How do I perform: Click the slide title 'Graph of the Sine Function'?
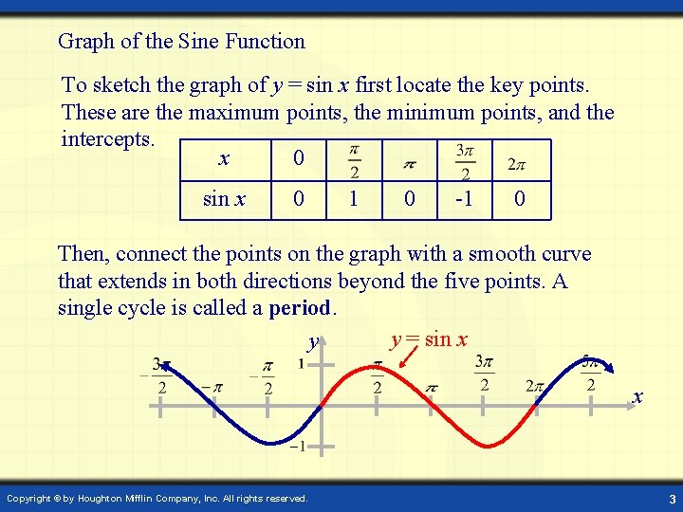click(x=181, y=42)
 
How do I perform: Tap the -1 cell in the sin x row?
click(x=464, y=200)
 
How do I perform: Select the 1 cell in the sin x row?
click(x=353, y=200)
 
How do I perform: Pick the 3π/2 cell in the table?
click(x=464, y=162)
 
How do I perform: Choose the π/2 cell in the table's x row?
click(x=353, y=162)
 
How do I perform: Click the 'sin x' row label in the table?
click(x=225, y=200)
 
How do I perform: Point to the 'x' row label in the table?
click(x=224, y=158)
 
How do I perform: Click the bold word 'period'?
click(x=301, y=308)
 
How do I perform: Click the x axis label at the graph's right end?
click(x=637, y=396)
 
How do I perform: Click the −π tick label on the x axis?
click(x=212, y=387)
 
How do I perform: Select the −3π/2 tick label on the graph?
click(x=158, y=376)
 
